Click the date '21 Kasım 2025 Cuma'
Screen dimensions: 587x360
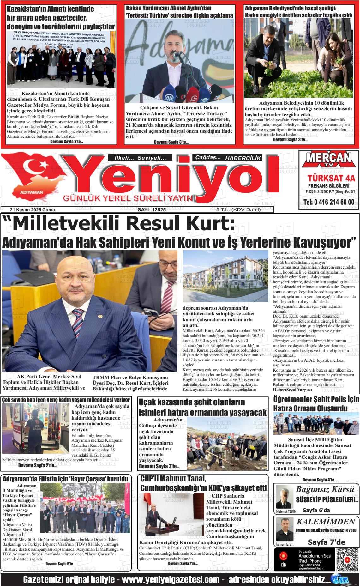coord(33,210)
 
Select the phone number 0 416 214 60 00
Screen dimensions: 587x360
coord(328,203)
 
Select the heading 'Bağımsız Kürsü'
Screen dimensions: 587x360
coord(325,489)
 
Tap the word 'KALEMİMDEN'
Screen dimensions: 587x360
coord(326,522)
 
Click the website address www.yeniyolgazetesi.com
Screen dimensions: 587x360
coord(171,580)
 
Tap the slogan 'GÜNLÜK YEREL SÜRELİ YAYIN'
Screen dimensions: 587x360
coord(128,198)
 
